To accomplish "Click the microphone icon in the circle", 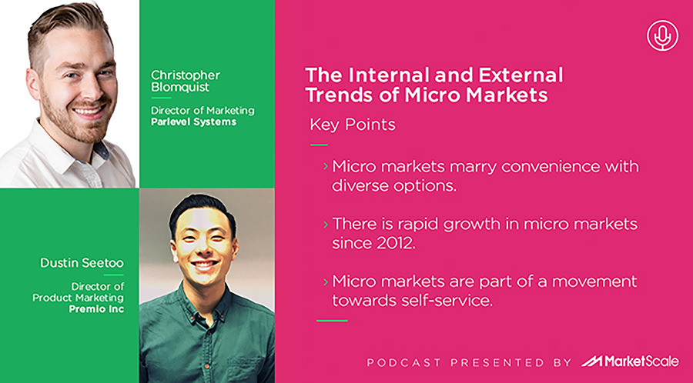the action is click(x=662, y=35).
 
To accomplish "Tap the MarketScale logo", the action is click(x=629, y=361).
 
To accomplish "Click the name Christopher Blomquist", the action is click(x=185, y=81).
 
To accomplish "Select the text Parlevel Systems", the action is click(x=193, y=122).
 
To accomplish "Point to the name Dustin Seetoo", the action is click(x=82, y=263).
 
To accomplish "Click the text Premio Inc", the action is click(x=96, y=309).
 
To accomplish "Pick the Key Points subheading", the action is click(x=352, y=125).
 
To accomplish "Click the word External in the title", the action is click(x=521, y=75).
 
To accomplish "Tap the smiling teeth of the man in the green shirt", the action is click(x=204, y=265).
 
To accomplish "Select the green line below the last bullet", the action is click(x=332, y=321).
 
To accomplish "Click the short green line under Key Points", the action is click(x=319, y=145).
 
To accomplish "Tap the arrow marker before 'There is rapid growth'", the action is click(x=326, y=224).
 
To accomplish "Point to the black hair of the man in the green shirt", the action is click(x=203, y=207).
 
